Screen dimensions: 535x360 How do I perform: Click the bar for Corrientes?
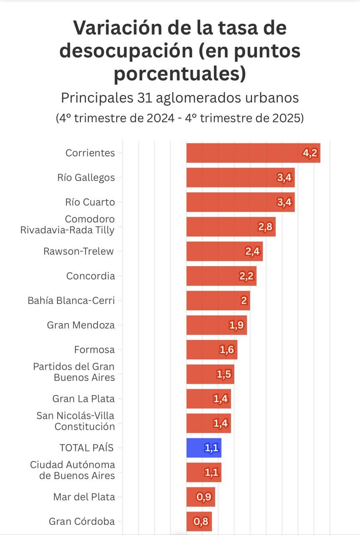click(251, 153)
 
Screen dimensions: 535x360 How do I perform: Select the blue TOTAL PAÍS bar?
click(203, 448)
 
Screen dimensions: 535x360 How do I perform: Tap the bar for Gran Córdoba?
click(199, 522)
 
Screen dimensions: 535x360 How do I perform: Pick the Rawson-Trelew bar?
click(224, 251)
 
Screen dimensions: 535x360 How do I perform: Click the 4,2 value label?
click(310, 153)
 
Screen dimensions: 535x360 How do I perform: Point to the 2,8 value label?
click(265, 227)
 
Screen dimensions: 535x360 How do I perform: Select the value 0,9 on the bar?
click(205, 497)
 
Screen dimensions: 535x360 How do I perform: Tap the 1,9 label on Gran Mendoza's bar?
click(237, 325)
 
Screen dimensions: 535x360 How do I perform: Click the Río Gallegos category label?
click(86, 178)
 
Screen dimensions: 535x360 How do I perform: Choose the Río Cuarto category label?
click(90, 202)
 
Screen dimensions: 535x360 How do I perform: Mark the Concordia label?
click(91, 276)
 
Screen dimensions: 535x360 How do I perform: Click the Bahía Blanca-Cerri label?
click(71, 301)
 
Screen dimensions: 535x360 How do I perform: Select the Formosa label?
click(94, 350)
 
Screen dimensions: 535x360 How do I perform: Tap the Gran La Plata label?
click(84, 399)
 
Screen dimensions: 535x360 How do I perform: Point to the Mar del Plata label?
click(84, 497)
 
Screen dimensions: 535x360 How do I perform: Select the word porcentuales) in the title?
click(180, 74)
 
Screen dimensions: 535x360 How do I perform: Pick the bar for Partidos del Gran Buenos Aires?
click(210, 374)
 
